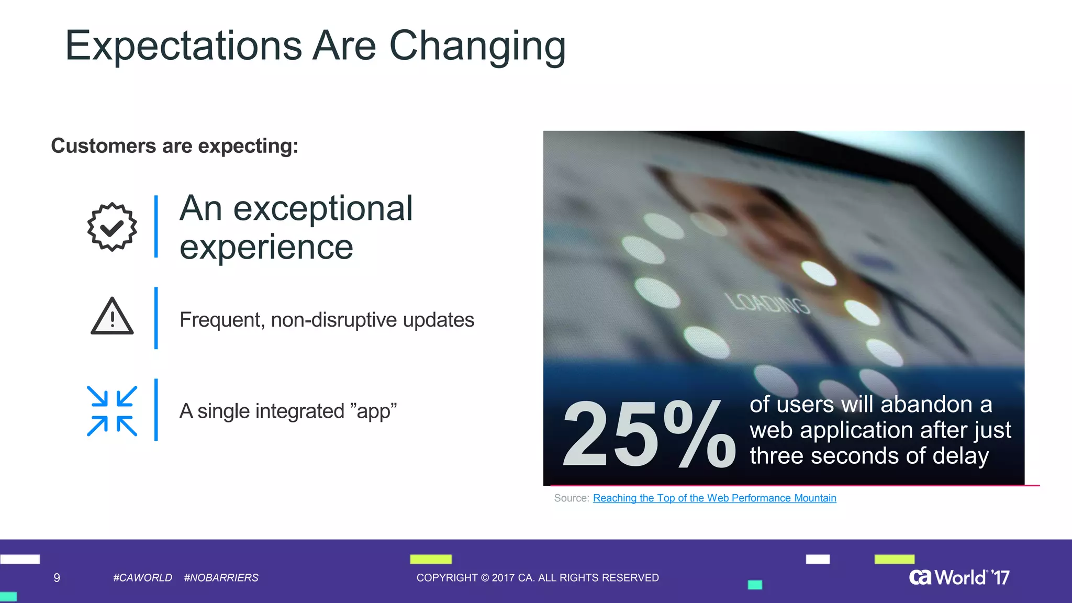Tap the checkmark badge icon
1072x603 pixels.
112,227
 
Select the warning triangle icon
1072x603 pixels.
112,316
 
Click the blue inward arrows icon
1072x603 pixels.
112,411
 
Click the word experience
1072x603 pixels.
266,247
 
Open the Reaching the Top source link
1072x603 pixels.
714,498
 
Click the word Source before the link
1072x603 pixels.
571,498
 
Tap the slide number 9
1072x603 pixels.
57,578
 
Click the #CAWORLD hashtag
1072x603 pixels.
142,578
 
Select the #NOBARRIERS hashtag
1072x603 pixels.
221,578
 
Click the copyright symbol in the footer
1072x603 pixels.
485,578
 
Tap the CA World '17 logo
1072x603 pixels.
959,577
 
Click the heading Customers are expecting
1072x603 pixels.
174,146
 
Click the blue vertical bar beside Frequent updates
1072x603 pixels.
156,318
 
